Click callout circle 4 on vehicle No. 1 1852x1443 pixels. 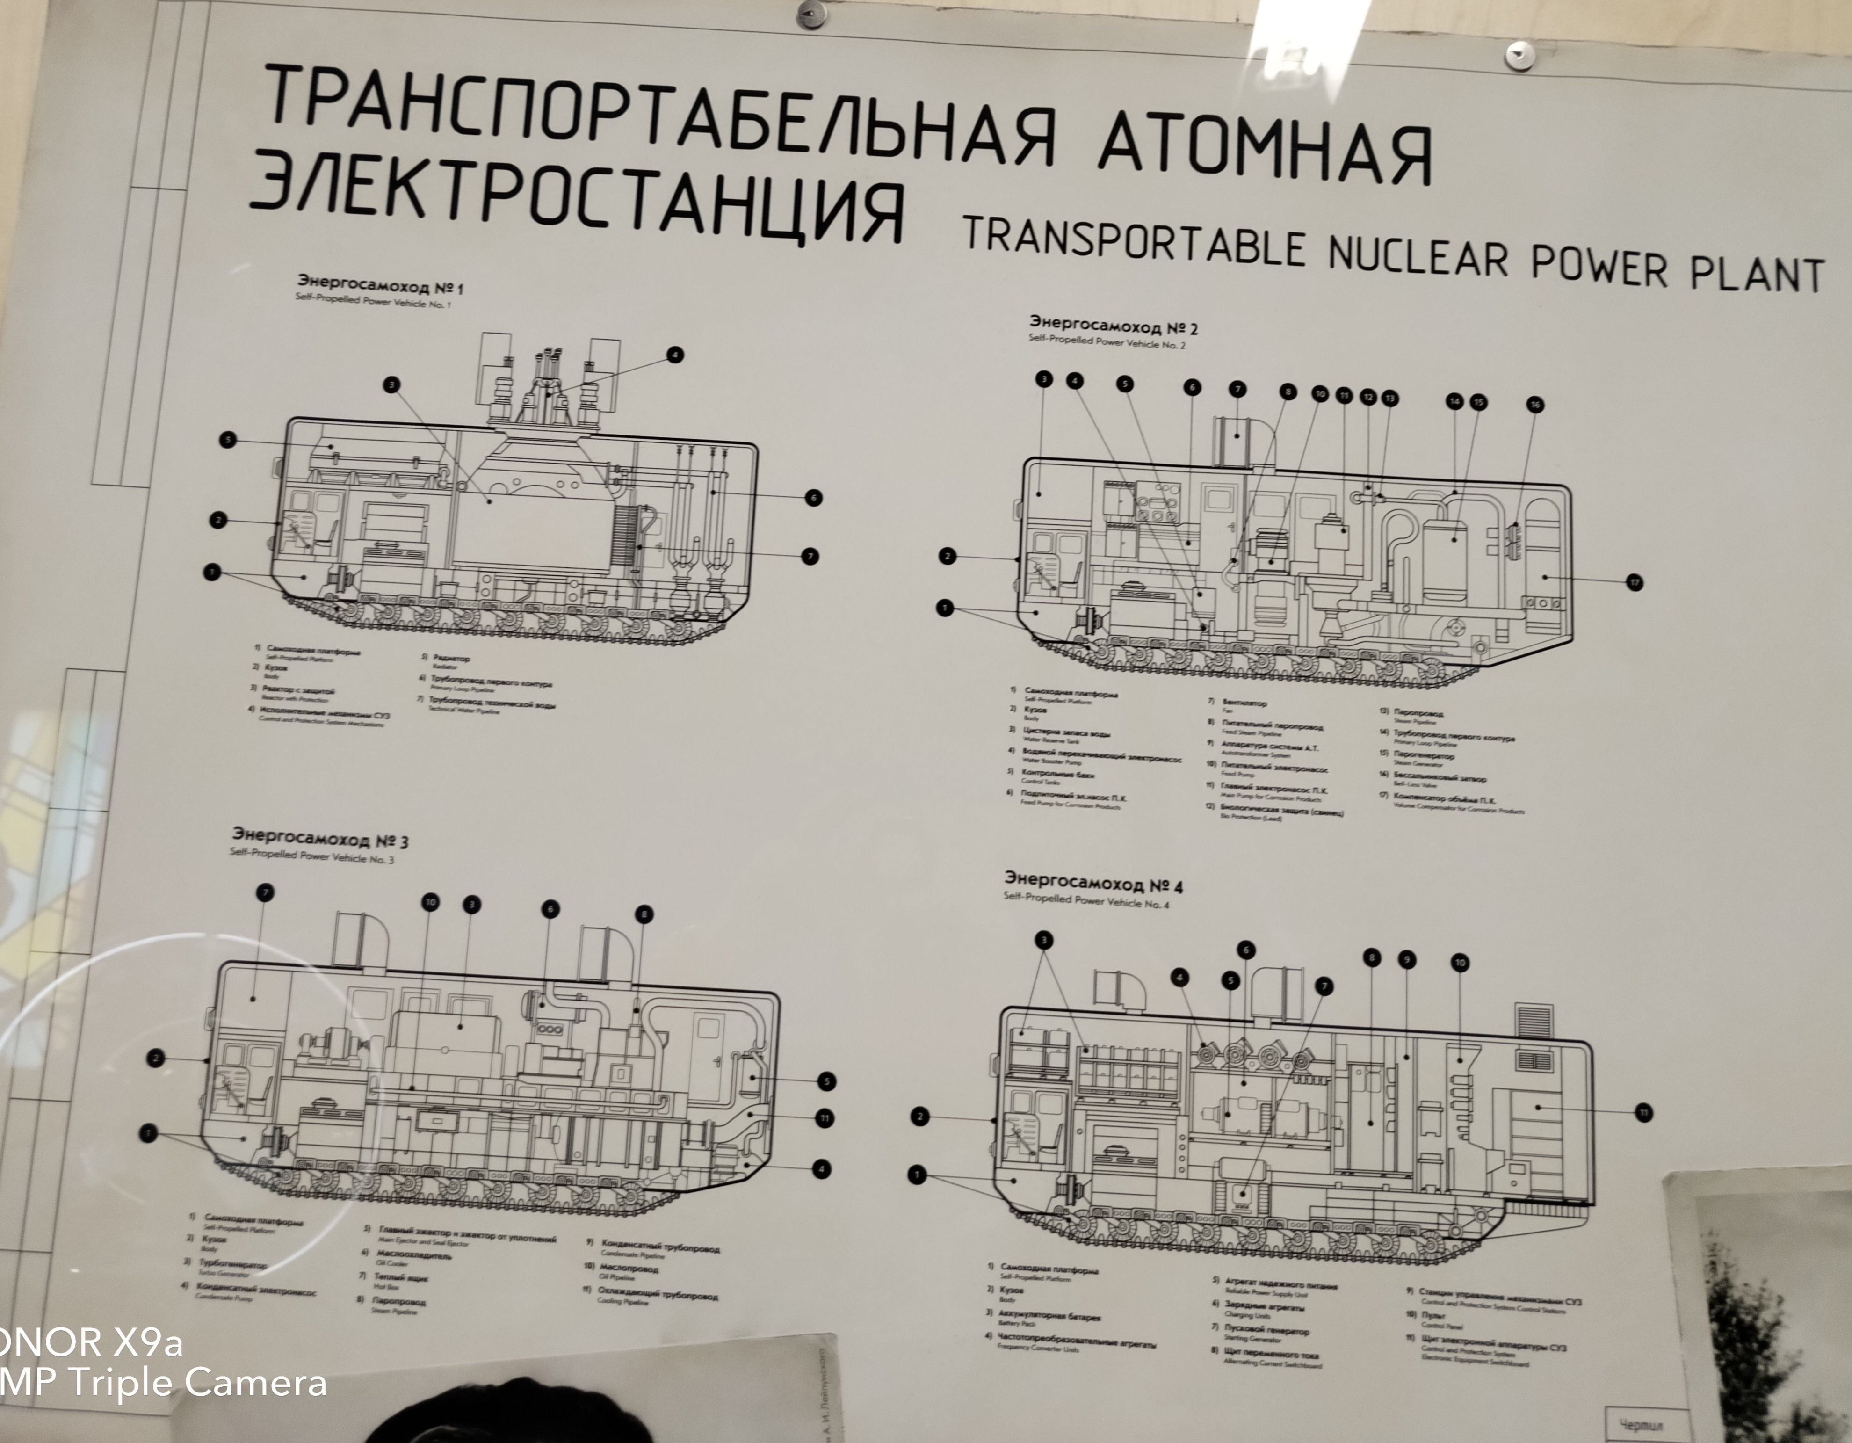[675, 355]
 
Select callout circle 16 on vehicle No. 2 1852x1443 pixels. [1535, 405]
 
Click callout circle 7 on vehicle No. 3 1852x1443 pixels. [266, 892]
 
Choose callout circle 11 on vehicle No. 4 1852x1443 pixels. [1642, 1113]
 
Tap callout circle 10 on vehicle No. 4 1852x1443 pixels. [1459, 963]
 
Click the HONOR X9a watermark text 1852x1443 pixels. [89, 1343]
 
